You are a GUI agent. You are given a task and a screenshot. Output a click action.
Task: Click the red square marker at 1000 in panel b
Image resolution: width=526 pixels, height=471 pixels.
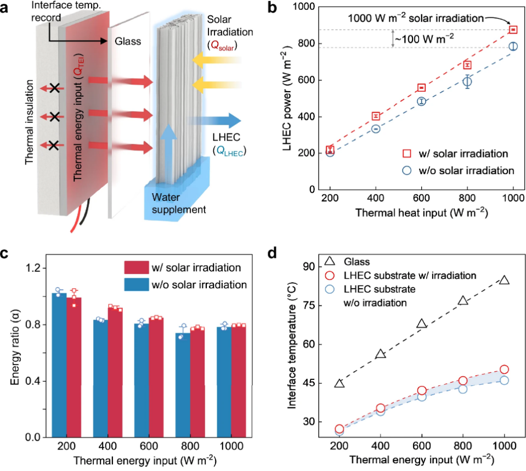(513, 30)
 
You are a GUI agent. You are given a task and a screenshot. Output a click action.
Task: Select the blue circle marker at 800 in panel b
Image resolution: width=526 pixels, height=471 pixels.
(467, 82)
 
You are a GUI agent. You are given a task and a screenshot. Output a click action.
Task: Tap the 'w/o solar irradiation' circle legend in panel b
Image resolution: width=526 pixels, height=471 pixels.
(406, 170)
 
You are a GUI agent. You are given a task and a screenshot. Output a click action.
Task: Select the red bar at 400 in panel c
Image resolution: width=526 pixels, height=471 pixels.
(115, 373)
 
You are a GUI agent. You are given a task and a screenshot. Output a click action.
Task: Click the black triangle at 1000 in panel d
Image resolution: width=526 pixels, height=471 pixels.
(504, 280)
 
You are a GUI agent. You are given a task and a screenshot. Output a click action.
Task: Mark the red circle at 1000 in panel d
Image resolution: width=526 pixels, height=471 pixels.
(504, 369)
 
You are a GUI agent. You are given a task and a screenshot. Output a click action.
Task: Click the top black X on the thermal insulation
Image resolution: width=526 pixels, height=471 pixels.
(53, 87)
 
